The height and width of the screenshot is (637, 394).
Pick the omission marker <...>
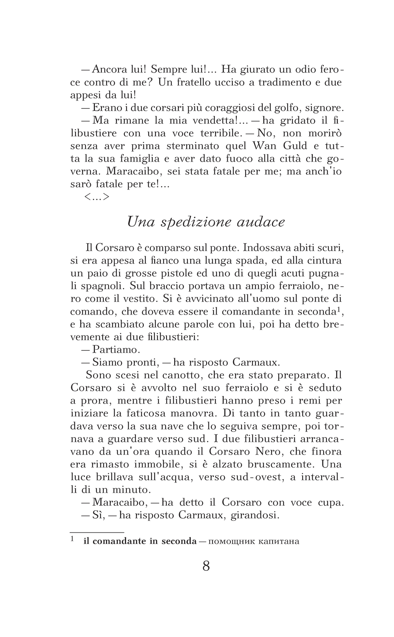point(97,197)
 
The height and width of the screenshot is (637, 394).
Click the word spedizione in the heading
point(195,222)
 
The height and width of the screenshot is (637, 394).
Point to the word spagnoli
point(104,286)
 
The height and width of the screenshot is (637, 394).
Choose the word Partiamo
point(116,349)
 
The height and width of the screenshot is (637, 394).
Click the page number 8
point(206,566)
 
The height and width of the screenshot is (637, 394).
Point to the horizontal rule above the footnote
point(97,532)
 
